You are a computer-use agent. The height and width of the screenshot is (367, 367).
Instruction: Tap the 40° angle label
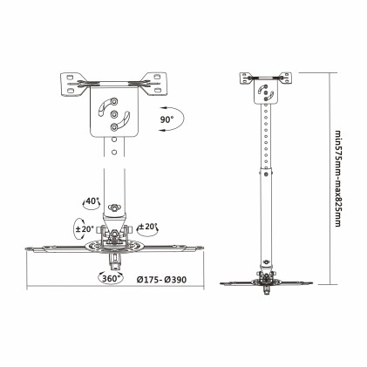click(x=91, y=202)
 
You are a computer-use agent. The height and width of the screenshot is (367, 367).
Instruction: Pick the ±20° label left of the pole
click(x=84, y=229)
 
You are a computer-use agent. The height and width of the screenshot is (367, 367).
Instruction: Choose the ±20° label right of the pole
click(x=147, y=227)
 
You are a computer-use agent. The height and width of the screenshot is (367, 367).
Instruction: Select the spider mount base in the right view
click(x=262, y=281)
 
